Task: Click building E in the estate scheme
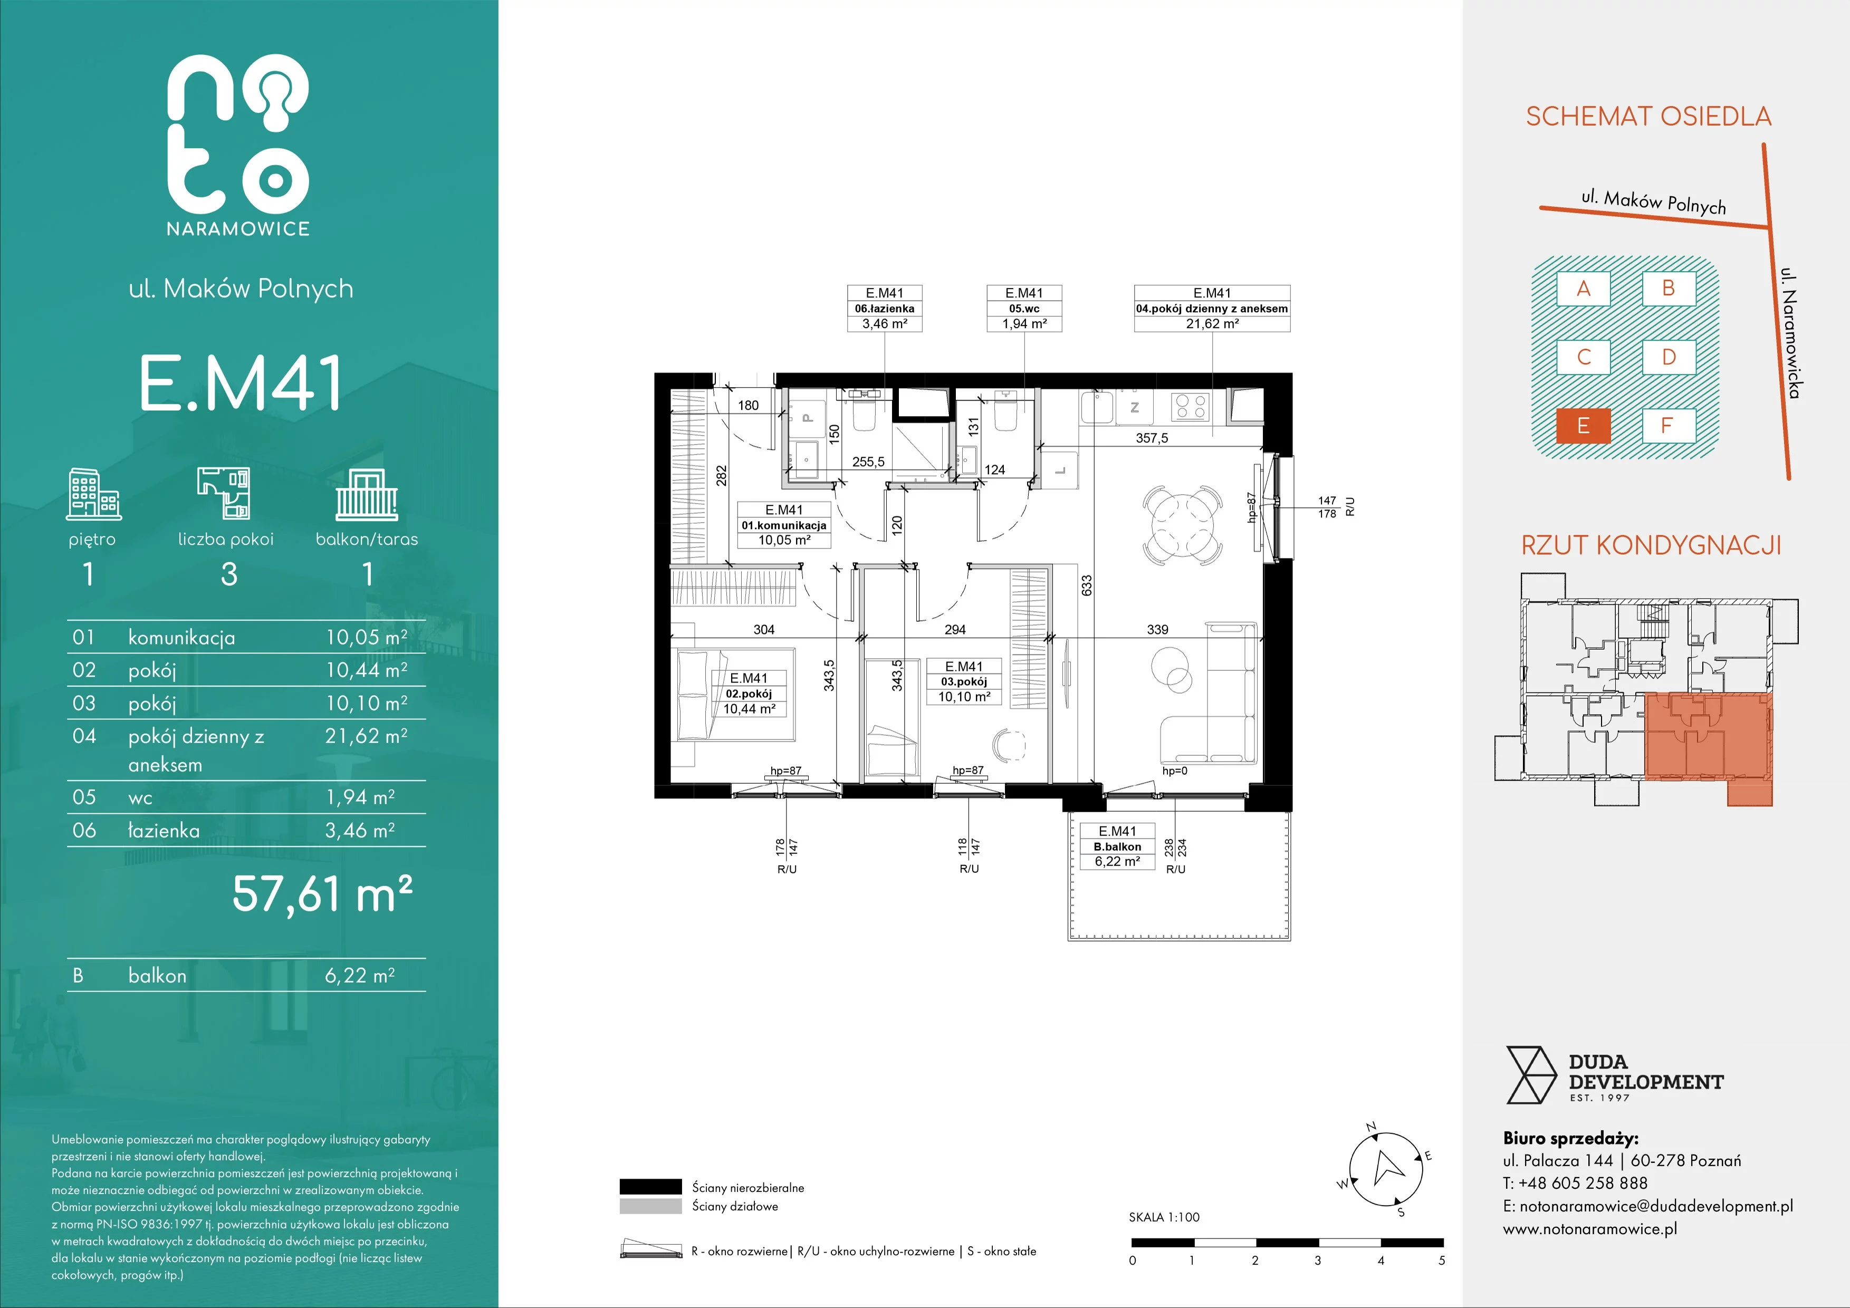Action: coord(1583,426)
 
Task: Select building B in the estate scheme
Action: coord(1669,288)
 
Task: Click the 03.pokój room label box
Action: coord(964,681)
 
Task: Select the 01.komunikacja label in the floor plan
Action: coord(784,525)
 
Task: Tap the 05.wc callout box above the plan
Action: coord(1024,309)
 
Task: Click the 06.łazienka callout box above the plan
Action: coord(885,309)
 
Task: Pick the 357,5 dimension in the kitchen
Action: coord(1152,438)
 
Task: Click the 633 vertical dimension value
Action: coord(1086,585)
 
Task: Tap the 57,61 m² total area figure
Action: coord(322,894)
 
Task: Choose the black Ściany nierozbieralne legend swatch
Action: coord(650,1186)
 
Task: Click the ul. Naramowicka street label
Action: coord(1790,333)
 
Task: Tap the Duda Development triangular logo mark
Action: coord(1531,1074)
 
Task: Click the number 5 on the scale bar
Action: coord(1442,1261)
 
